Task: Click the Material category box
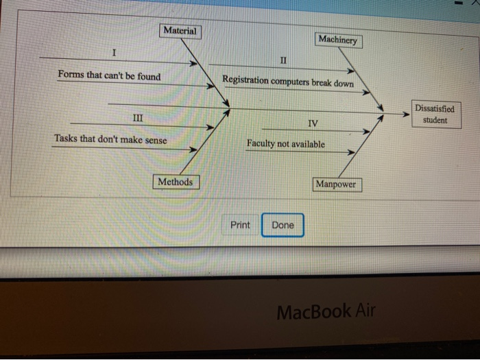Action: [x=180, y=31]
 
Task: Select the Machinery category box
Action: [x=337, y=40]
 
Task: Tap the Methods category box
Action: [x=175, y=182]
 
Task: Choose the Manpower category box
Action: [x=335, y=184]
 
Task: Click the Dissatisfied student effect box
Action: [x=434, y=115]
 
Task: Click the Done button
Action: [x=283, y=225]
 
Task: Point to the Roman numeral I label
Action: [x=115, y=53]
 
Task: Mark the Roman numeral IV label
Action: [x=312, y=124]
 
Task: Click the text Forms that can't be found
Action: [x=109, y=75]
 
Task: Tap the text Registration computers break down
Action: [x=288, y=82]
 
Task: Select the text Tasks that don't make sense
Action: [x=110, y=140]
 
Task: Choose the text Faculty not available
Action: [x=286, y=145]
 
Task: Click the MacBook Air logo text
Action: [x=326, y=312]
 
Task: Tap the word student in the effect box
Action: [x=434, y=121]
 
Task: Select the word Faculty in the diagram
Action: [x=261, y=144]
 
